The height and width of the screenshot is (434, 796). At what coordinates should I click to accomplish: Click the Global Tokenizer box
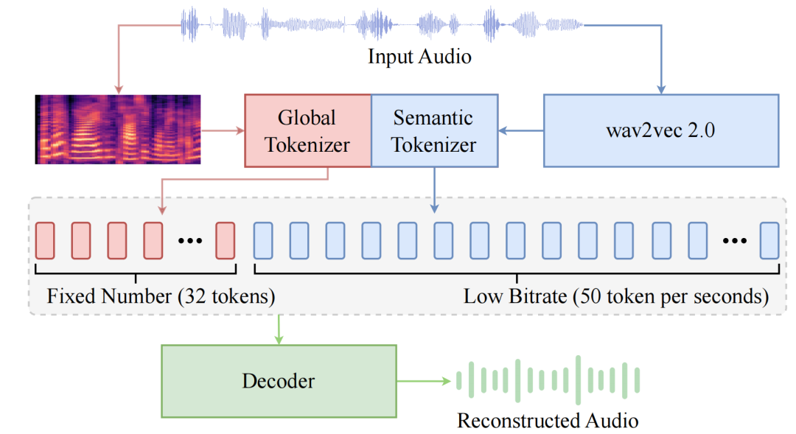tap(307, 130)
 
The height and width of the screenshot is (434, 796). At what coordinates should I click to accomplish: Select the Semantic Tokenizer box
tap(435, 130)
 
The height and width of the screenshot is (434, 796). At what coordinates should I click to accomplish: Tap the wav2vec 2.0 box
tap(661, 130)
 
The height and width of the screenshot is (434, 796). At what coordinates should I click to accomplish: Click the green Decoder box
tap(279, 381)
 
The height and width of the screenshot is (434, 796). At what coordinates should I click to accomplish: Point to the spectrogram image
tap(118, 129)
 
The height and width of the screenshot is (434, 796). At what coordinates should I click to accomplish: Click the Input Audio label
tap(419, 56)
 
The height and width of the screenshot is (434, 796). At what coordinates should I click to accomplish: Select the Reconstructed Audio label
tap(548, 420)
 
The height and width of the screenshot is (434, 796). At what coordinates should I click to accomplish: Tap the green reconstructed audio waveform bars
tap(548, 380)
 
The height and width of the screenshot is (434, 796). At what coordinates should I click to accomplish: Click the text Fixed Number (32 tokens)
tap(161, 296)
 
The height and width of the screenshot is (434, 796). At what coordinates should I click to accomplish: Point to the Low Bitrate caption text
tap(616, 296)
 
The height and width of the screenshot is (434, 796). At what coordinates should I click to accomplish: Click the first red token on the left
tap(45, 241)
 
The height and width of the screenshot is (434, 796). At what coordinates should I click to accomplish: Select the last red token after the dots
tap(226, 241)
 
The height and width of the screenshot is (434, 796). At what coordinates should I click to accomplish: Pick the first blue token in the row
tap(263, 241)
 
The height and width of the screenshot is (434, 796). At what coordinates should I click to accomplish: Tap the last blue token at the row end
tap(769, 241)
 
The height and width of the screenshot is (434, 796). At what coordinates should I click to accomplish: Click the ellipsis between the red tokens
tap(190, 241)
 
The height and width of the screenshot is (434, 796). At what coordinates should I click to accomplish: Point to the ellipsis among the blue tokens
tap(735, 241)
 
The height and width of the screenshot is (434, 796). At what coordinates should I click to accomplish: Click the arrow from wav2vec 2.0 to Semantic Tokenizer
tap(521, 130)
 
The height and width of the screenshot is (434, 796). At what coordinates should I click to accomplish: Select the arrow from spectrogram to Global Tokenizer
tap(223, 130)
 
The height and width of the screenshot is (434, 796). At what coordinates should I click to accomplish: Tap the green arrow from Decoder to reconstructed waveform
tap(424, 381)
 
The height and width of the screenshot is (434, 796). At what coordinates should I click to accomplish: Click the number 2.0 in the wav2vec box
tap(701, 130)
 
